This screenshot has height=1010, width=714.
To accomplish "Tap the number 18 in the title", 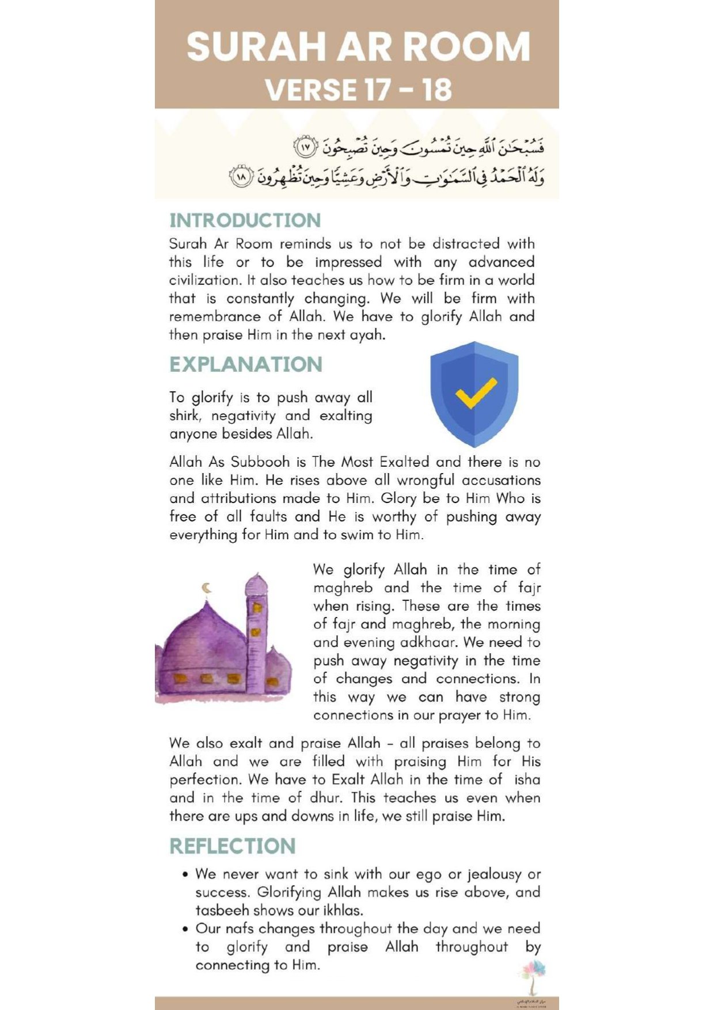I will (436, 90).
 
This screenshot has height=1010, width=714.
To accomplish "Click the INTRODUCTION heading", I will (245, 220).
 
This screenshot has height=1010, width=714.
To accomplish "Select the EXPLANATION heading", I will (246, 364).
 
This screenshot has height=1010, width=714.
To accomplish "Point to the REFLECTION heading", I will (232, 846).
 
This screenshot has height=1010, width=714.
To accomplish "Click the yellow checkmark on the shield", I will (476, 393).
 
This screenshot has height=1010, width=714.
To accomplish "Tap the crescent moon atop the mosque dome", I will (207, 588).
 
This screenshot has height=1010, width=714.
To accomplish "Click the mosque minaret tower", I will (256, 633).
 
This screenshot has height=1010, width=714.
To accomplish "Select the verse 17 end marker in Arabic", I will (306, 147).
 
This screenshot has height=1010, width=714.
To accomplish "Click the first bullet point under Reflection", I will (185, 875).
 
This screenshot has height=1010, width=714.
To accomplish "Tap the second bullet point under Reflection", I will (185, 929).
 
